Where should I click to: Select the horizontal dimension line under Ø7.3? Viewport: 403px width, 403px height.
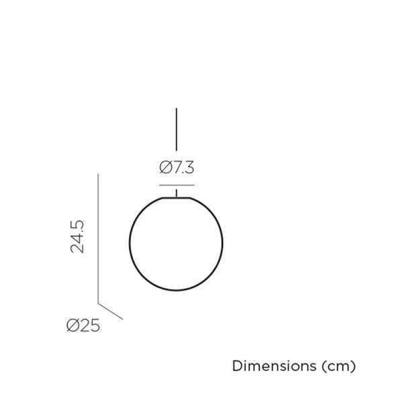pos(177,184)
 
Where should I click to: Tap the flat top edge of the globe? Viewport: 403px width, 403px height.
pos(176,198)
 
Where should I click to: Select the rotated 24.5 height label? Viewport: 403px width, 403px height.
pos(78,235)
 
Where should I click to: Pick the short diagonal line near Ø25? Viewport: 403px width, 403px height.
pos(111,310)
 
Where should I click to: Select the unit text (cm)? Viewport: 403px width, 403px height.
pos(338,367)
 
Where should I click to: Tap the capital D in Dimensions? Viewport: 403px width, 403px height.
pos(236,367)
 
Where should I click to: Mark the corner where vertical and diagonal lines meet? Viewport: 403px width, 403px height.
pos(99,302)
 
